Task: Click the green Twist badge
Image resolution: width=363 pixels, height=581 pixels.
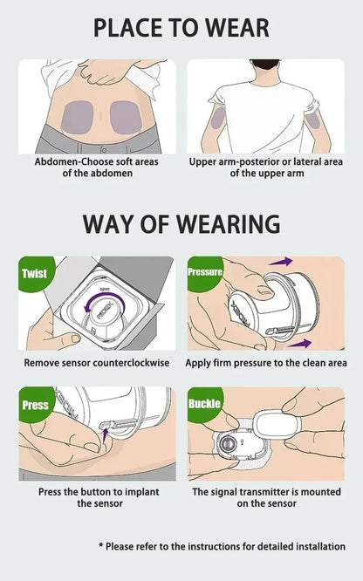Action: point(35,273)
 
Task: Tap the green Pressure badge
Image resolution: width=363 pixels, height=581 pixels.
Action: point(204,272)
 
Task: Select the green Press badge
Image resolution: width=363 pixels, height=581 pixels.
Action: point(35,404)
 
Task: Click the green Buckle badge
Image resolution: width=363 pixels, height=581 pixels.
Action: point(204,404)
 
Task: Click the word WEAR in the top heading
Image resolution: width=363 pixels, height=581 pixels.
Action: point(237,28)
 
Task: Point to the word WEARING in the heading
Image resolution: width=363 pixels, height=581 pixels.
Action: point(228,224)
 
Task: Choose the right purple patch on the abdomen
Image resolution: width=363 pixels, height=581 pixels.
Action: point(126,118)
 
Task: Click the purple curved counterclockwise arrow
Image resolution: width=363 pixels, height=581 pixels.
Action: point(104,300)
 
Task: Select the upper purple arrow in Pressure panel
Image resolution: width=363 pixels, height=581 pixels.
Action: point(281,262)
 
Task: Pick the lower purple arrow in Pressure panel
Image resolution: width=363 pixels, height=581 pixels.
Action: point(299,344)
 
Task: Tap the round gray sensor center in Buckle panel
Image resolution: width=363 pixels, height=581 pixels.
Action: point(227,443)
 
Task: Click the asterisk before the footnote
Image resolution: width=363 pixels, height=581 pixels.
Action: point(101,545)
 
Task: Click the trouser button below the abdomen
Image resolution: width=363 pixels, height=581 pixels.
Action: point(104,150)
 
